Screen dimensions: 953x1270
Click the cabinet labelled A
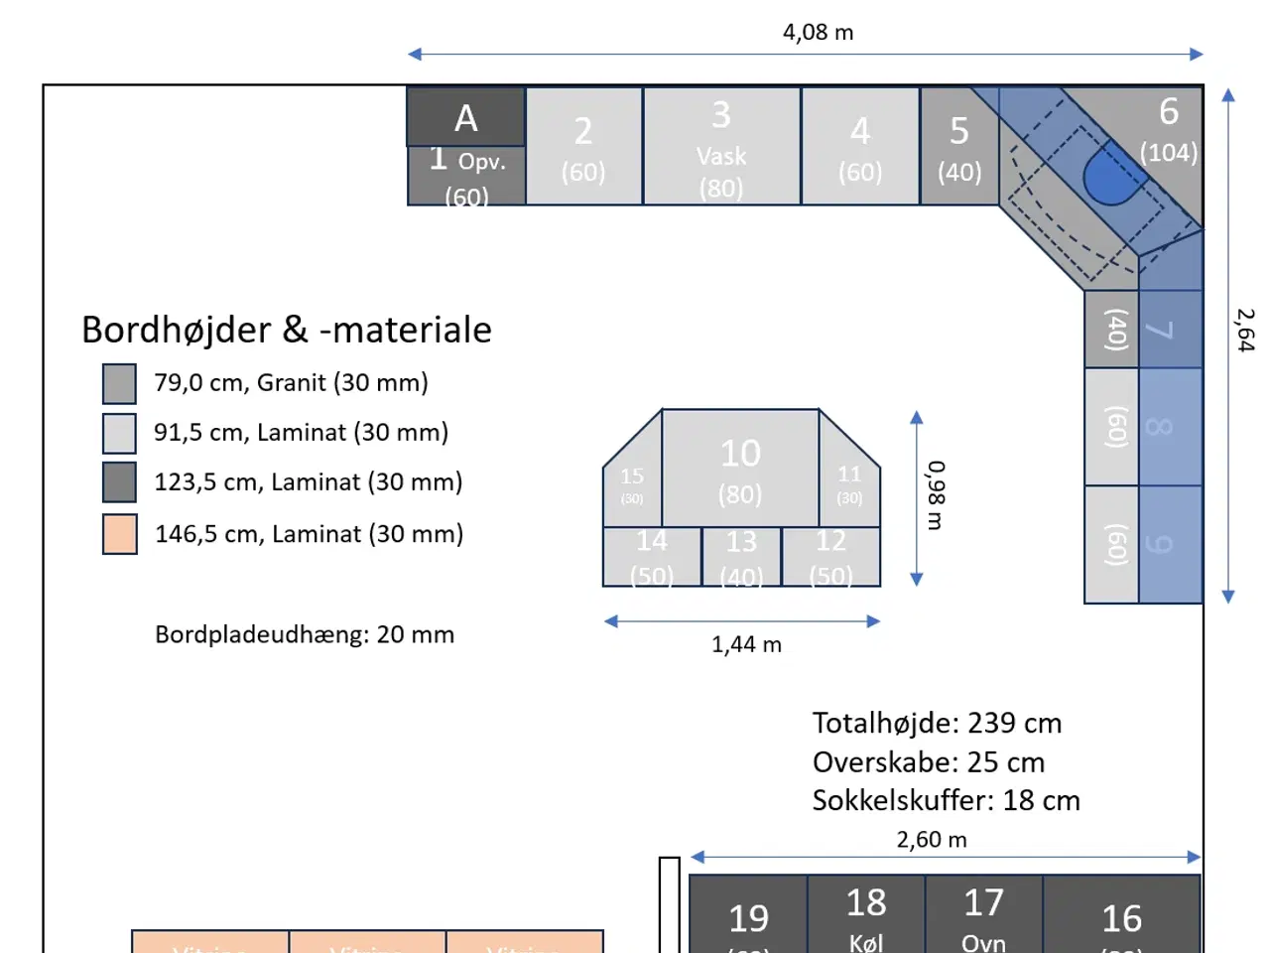point(465,117)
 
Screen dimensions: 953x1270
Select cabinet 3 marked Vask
point(721,147)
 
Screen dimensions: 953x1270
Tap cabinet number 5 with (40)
point(959,147)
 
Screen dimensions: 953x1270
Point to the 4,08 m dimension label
point(818,33)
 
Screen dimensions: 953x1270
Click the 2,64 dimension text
point(1245,330)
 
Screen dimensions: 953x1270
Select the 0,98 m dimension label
point(936,494)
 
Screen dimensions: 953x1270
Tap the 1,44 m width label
point(746,645)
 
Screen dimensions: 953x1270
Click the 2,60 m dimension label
point(931,840)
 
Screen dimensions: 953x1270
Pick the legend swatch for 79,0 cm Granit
point(119,383)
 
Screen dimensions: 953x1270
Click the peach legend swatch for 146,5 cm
point(119,534)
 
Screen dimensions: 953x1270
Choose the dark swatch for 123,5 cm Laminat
point(119,482)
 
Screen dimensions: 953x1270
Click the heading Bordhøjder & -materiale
point(286,330)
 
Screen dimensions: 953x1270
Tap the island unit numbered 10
point(740,468)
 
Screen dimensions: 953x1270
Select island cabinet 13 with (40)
point(741,557)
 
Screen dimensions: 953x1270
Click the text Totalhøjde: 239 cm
point(937,723)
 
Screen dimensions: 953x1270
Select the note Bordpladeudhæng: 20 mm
point(305,634)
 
